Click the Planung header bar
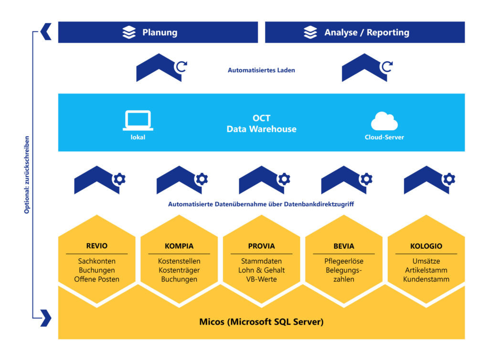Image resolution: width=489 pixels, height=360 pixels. coord(158,32)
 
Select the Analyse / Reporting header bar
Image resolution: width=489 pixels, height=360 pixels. coord(365,32)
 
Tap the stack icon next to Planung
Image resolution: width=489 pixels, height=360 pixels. coord(129,32)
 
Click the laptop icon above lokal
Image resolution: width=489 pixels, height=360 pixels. coord(138,120)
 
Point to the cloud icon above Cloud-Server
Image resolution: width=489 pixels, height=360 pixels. coord(384,121)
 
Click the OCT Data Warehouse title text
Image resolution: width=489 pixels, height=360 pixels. coord(261,124)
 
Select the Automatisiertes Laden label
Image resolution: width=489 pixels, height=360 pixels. coord(261,70)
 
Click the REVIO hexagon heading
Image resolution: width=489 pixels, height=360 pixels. coord(97,246)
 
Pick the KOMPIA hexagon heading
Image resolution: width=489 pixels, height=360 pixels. coord(179,246)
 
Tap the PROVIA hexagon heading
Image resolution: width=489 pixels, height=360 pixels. coord(261,246)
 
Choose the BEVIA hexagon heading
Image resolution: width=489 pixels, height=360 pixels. coord(344,246)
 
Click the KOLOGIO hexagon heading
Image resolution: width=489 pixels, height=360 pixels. coord(426,246)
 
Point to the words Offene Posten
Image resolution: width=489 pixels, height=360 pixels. coord(97,279)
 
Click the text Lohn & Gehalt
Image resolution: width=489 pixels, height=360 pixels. coord(261,270)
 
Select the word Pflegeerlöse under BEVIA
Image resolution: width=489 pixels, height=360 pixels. coord(344,261)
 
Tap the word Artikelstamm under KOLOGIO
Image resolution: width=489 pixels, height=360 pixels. coord(426,270)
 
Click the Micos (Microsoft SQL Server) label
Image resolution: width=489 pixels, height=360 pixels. coord(261,322)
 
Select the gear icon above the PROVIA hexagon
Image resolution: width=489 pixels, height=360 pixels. coord(284,179)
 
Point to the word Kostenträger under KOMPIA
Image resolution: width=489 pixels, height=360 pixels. coord(179,270)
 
